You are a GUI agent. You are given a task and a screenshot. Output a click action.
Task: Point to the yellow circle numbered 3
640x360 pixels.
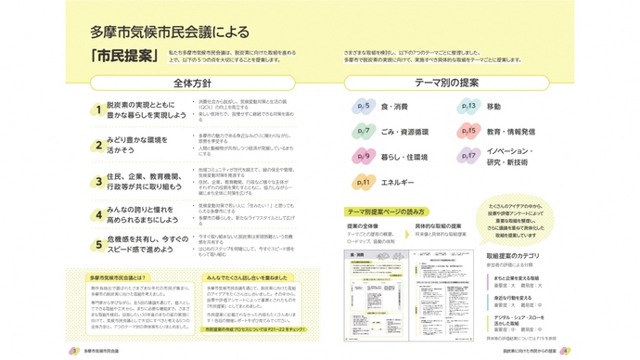point(96,180)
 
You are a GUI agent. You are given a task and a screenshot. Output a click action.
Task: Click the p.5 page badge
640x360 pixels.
point(365,107)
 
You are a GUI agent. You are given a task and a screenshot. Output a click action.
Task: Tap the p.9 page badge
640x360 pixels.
point(365,157)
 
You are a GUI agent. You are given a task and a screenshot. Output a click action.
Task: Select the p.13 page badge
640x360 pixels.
point(469,107)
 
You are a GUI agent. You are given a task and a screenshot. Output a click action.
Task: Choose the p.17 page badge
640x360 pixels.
point(469,157)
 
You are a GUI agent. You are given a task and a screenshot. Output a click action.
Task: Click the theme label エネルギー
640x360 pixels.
point(397,182)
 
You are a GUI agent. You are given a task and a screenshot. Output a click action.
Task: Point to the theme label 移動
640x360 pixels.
point(493,107)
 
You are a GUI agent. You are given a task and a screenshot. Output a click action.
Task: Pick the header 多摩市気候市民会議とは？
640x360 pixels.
point(117,277)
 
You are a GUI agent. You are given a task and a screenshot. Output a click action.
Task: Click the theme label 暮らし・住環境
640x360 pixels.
point(404,157)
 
